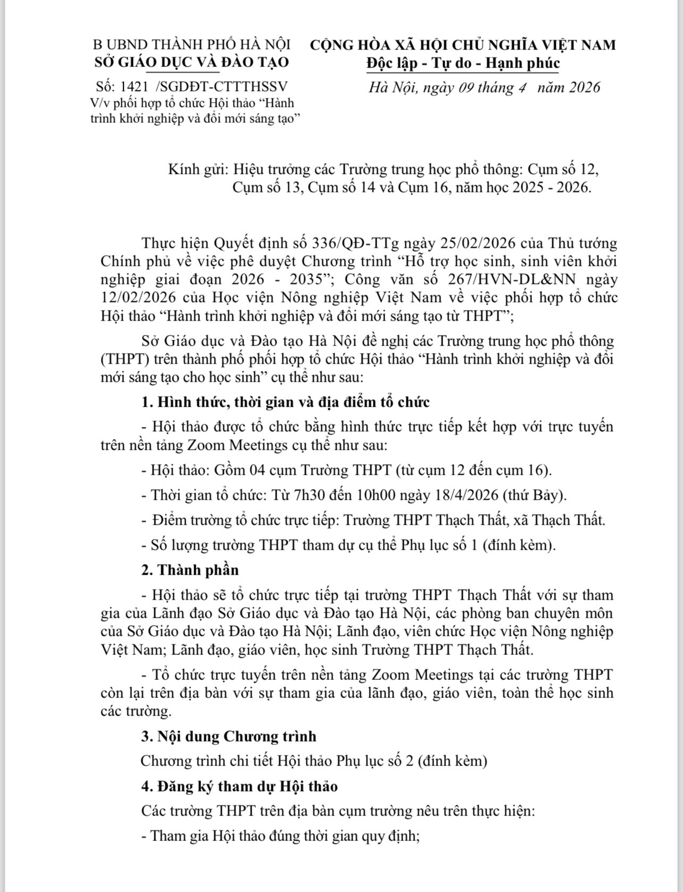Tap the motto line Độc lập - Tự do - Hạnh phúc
[463, 63]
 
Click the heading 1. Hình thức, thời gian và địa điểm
[286, 402]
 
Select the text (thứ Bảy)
[535, 495]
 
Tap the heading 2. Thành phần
[190, 570]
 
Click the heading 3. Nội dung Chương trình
[229, 736]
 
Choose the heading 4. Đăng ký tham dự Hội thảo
[239, 786]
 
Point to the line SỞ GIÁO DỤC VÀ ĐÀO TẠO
[191, 62]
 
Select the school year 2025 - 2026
[545, 188]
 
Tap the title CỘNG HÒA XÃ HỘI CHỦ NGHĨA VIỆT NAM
[463, 45]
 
